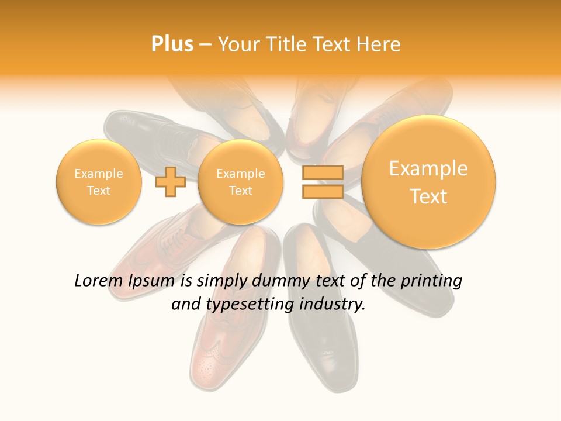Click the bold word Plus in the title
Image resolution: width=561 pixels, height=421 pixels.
(x=172, y=44)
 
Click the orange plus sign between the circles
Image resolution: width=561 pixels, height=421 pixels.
(x=171, y=182)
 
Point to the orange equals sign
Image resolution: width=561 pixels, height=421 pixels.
(x=322, y=182)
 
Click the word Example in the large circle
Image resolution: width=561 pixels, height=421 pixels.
(x=428, y=169)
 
